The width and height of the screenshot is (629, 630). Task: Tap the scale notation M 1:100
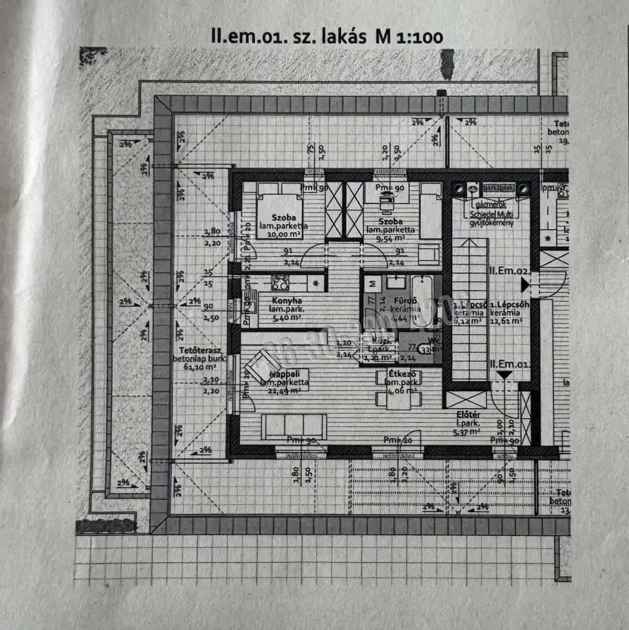click(409, 36)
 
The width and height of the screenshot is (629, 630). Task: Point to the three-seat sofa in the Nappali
click(294, 426)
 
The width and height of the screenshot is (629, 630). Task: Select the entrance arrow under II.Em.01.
click(503, 375)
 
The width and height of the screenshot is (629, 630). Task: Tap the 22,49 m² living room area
click(284, 391)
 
